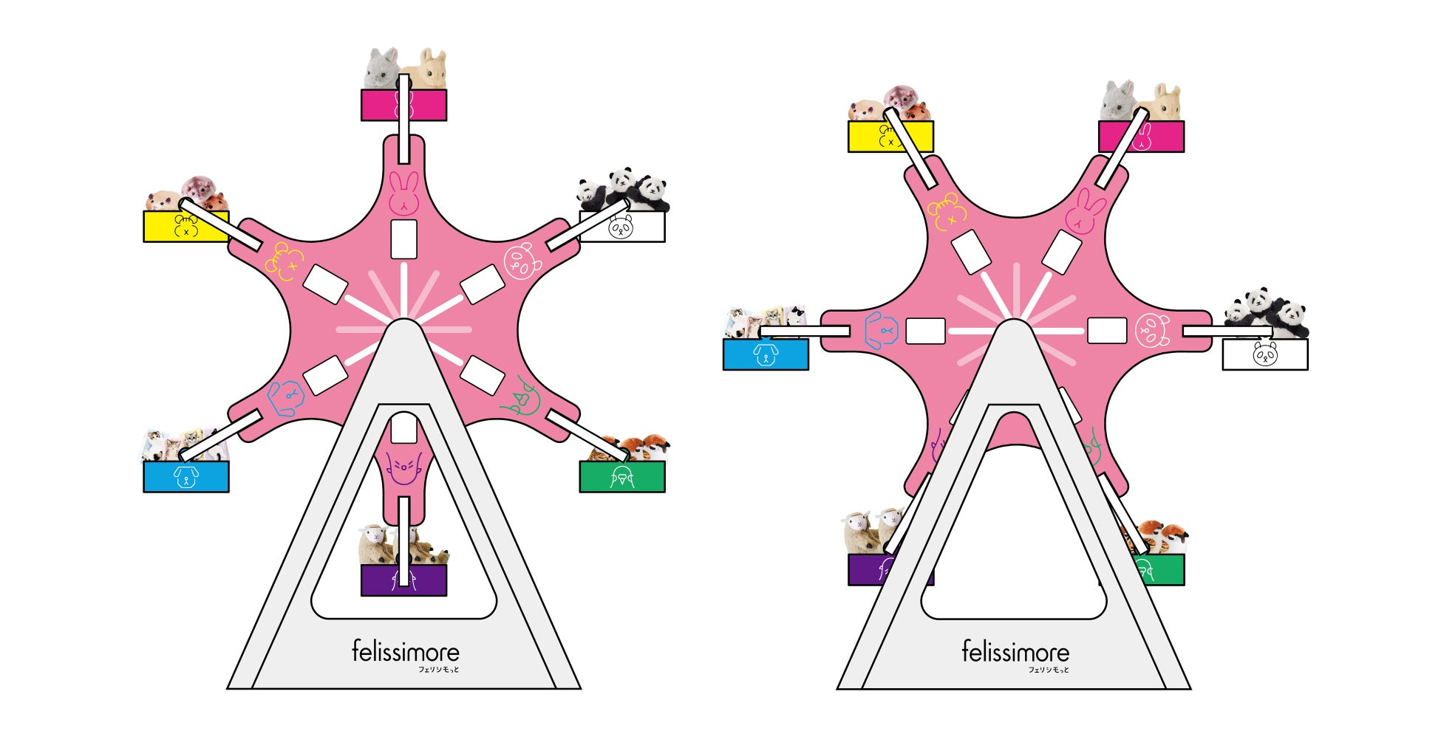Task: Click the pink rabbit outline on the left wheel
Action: [x=403, y=193]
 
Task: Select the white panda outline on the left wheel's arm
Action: [x=522, y=261]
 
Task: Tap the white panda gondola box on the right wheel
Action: [x=1265, y=354]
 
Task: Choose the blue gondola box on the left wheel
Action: [x=185, y=477]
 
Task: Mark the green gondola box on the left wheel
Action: [x=622, y=477]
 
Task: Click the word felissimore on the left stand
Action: [x=405, y=651]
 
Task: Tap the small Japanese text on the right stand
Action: [x=1049, y=670]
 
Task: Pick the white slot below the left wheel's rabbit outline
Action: [x=403, y=239]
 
